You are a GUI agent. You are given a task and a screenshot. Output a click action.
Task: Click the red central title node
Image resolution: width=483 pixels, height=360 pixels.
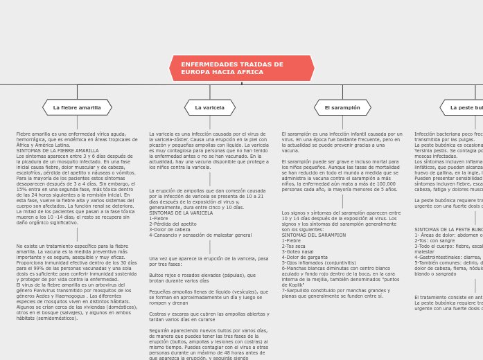tap(241, 69)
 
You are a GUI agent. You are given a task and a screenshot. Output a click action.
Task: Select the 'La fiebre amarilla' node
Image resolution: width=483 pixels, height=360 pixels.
tap(77, 108)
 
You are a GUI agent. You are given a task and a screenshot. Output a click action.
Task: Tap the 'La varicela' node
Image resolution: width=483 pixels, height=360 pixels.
tap(209, 108)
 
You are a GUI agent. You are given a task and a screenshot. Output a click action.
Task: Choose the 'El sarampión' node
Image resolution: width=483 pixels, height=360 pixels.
tap(342, 108)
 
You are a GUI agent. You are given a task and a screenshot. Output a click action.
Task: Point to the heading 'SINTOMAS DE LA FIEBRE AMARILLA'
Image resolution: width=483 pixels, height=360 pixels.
tap(58, 150)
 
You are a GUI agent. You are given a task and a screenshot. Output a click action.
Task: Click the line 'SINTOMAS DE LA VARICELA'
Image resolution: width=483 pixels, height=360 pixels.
tap(181, 213)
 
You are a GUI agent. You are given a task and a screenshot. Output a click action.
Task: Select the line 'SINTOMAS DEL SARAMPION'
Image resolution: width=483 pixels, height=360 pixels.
tap(313, 235)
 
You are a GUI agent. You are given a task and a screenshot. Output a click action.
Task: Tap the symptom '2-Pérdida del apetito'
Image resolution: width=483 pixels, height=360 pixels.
tap(173, 224)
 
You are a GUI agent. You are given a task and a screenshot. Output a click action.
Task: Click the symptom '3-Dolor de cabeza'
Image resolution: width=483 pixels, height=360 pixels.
tap(169, 229)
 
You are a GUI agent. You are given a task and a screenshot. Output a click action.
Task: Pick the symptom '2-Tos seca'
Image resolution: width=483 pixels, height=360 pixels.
tap(293, 246)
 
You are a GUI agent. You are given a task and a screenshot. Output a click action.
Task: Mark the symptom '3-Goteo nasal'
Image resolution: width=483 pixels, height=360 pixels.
tap(297, 252)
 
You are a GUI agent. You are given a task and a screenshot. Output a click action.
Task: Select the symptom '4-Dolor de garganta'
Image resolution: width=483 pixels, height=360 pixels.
tap(305, 258)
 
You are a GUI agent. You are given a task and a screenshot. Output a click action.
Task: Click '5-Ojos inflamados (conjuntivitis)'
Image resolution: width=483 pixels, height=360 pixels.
tap(319, 263)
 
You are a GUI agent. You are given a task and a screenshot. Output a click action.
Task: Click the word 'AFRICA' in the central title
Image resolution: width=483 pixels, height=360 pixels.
tap(249, 72)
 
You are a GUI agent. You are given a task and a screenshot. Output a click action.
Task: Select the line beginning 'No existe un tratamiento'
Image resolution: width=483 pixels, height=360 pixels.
tap(72, 246)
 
